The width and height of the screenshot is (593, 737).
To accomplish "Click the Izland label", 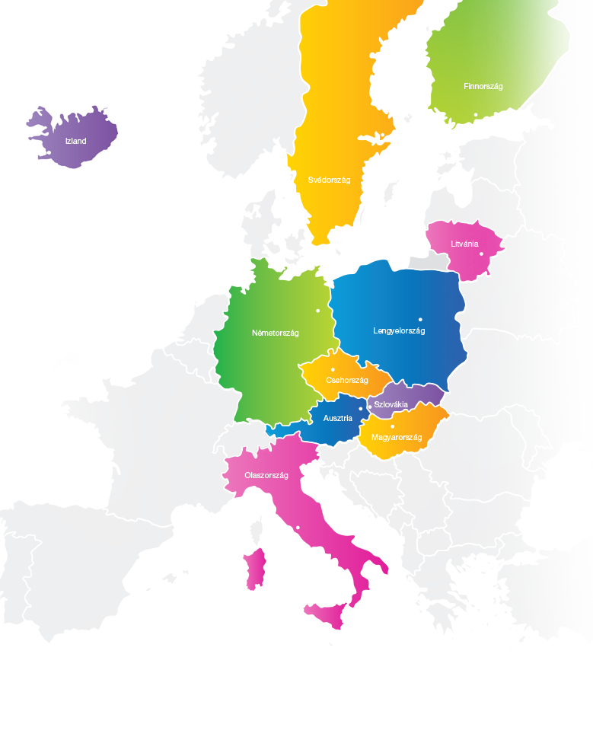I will click(76, 142).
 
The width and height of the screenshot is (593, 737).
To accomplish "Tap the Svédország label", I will click(329, 180).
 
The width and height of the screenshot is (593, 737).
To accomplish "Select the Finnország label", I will click(483, 87).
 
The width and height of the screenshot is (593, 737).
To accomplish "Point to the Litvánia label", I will click(464, 244).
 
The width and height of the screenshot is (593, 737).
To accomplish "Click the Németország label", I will click(276, 333).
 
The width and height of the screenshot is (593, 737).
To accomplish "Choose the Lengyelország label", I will click(399, 330).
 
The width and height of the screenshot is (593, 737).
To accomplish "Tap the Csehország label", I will click(347, 380).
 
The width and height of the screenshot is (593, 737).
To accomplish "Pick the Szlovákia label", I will click(391, 404).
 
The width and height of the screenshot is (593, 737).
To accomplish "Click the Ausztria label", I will click(337, 419).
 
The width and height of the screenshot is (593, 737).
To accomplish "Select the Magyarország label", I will click(397, 437).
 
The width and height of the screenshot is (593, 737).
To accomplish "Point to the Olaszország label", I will click(266, 475).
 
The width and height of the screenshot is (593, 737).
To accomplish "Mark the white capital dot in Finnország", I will click(476, 115).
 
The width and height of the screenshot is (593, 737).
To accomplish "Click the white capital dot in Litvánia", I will click(482, 254).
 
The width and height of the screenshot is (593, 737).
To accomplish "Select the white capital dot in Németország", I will click(318, 311).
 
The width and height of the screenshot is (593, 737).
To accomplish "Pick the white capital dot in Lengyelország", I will click(420, 320).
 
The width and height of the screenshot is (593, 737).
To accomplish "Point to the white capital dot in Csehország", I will click(333, 370).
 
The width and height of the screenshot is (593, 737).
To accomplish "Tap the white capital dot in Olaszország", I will click(298, 528).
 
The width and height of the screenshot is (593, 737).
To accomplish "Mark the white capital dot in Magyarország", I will click(393, 426).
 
